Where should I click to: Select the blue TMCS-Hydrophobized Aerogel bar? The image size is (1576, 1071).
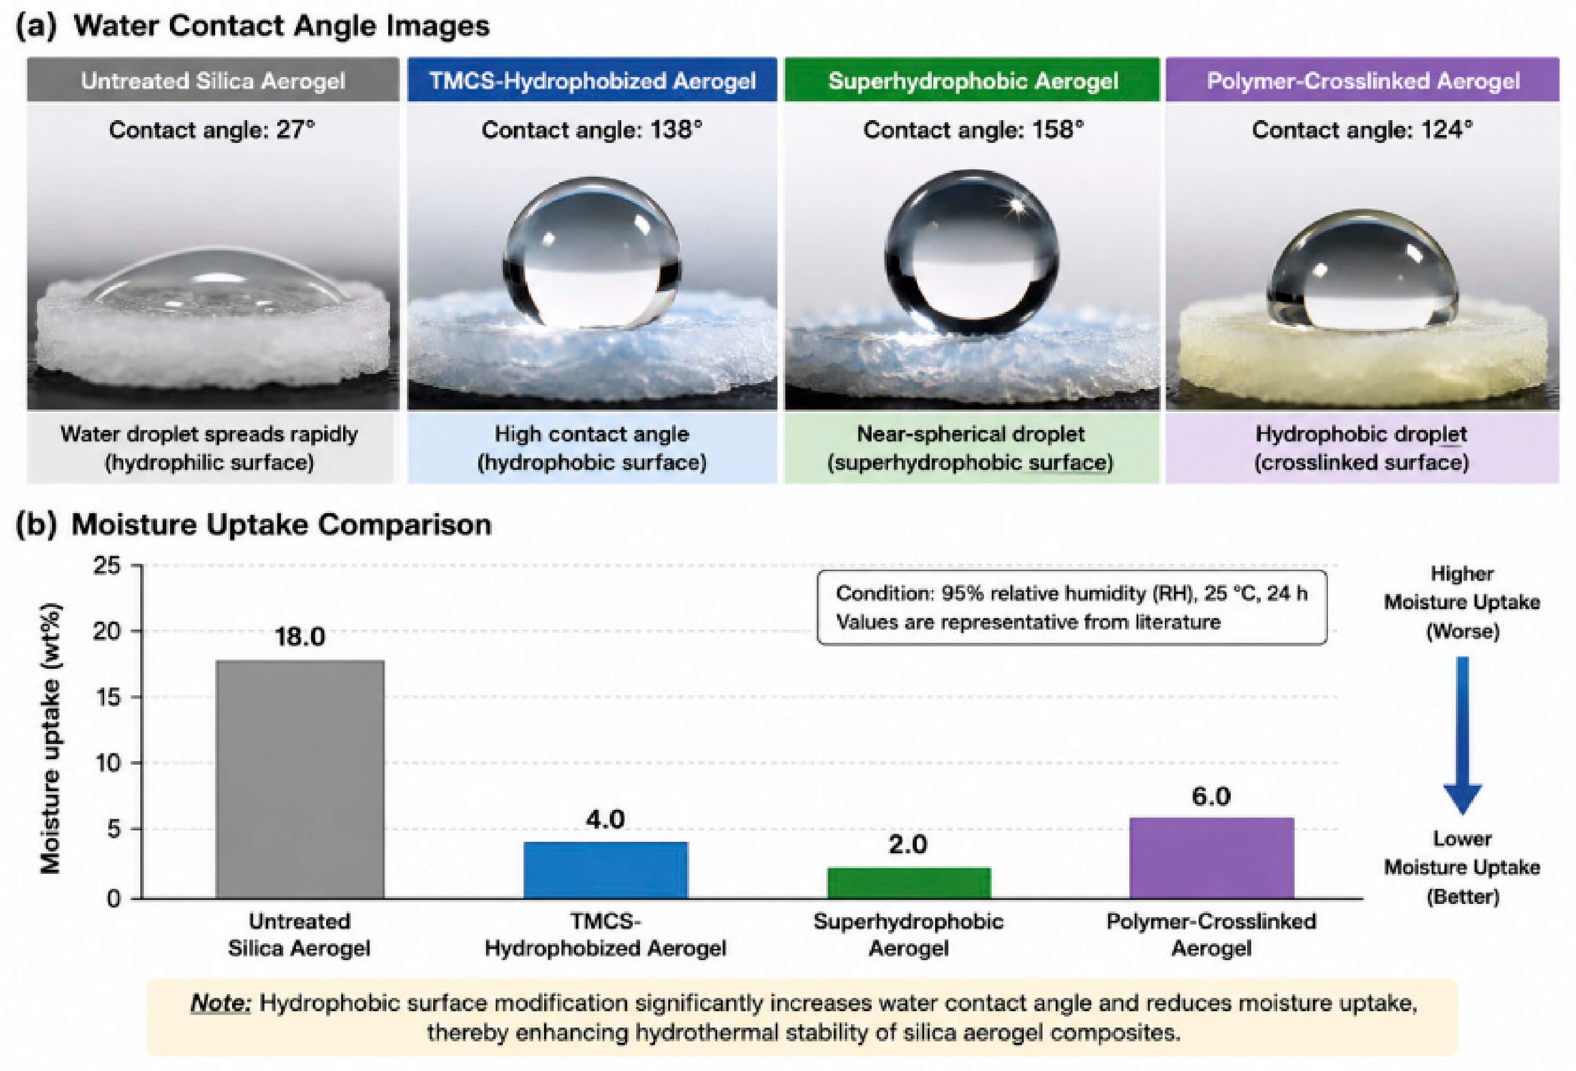tap(606, 870)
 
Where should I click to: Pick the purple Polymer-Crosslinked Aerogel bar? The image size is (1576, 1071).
tap(1212, 858)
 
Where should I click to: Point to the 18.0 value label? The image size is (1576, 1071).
tap(300, 636)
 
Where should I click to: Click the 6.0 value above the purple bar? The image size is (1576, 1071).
tap(1211, 797)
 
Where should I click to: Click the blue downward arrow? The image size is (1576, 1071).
tap(1463, 735)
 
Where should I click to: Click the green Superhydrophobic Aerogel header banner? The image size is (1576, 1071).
tap(973, 80)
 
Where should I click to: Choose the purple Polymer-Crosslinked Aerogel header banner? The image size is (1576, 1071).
tap(1363, 80)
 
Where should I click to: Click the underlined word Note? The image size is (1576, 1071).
tap(220, 1003)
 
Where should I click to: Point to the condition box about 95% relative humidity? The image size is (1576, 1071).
tap(1072, 607)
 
